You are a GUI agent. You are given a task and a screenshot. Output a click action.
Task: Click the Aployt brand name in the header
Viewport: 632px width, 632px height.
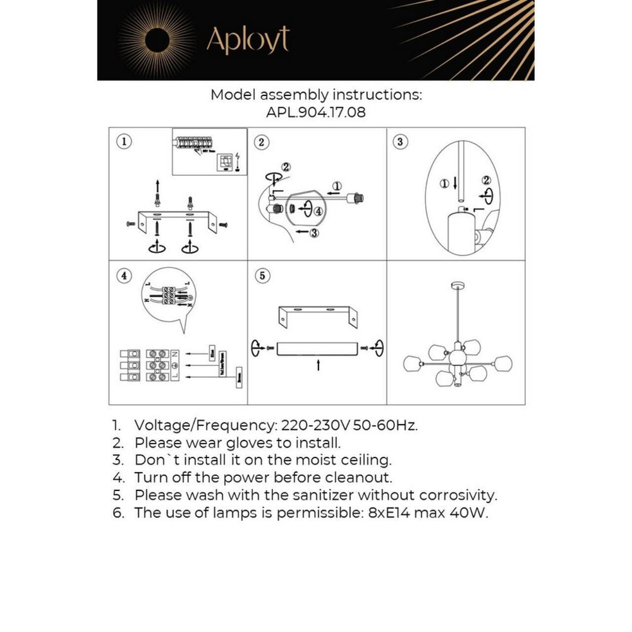pyautogui.click(x=248, y=40)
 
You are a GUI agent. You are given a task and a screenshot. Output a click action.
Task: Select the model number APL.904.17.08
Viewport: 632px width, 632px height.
pyautogui.click(x=316, y=112)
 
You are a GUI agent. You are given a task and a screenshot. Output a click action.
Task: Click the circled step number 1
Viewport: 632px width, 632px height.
pyautogui.click(x=125, y=142)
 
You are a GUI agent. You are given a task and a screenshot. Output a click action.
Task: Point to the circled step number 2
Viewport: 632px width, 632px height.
pyautogui.click(x=262, y=142)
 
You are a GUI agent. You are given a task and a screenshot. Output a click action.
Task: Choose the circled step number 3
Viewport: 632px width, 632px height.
pyautogui.click(x=399, y=142)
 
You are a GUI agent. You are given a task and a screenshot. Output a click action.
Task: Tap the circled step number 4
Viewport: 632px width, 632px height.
pyautogui.click(x=125, y=276)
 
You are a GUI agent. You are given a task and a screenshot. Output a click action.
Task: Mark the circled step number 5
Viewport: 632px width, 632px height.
pyautogui.click(x=262, y=276)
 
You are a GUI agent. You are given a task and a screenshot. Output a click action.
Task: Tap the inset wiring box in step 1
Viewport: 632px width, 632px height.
pyautogui.click(x=209, y=151)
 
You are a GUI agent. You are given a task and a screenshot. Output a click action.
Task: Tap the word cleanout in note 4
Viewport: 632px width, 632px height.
pyautogui.click(x=356, y=477)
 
